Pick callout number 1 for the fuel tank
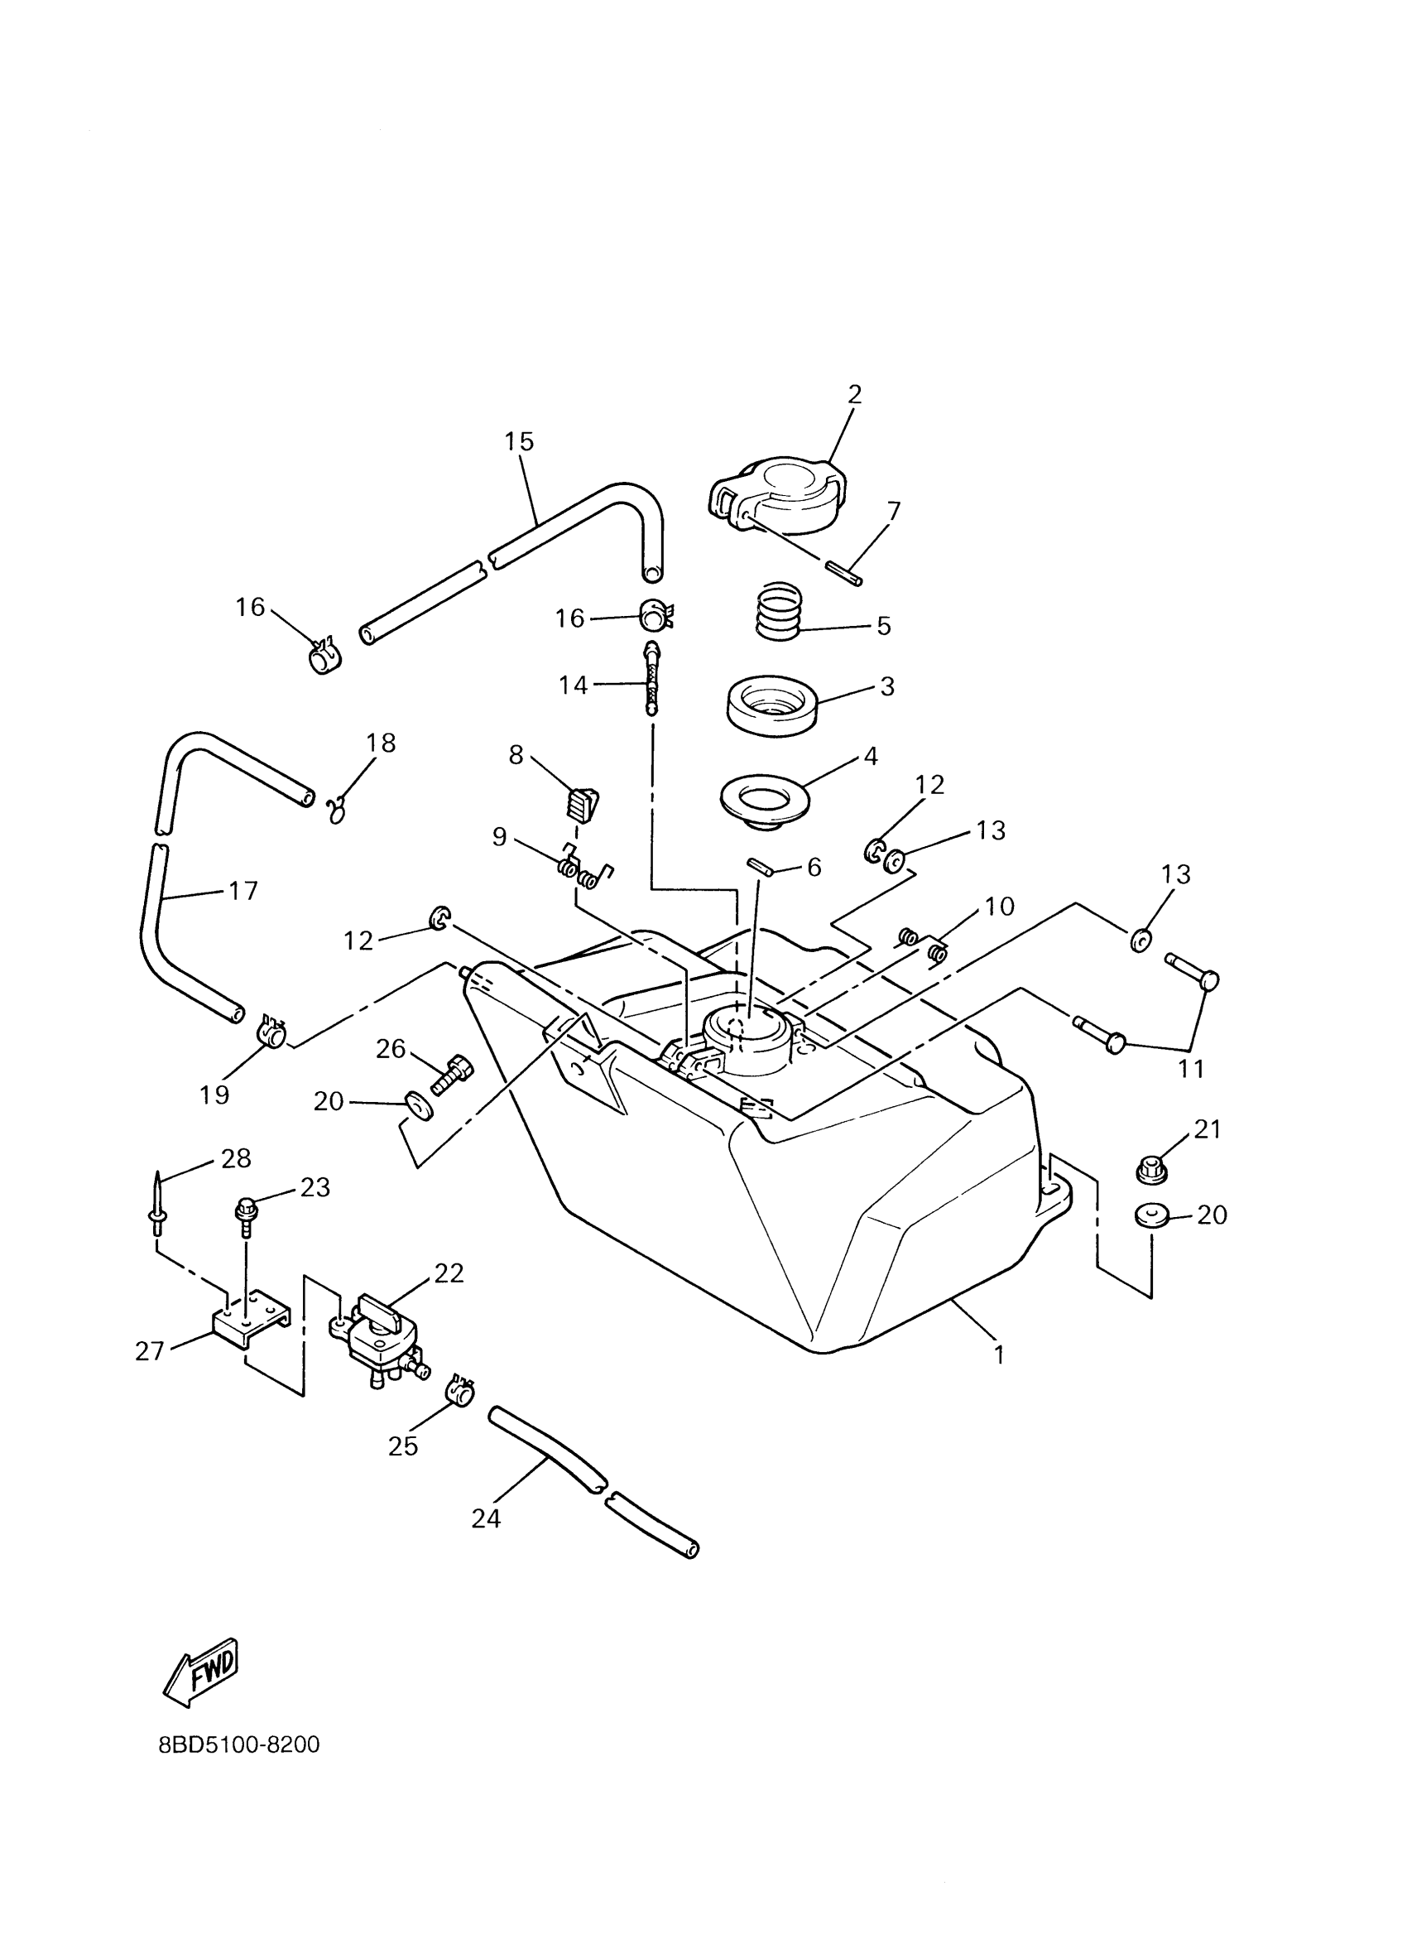click(x=998, y=1355)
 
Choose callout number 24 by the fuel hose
click(x=486, y=1518)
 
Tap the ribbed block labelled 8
click(x=582, y=804)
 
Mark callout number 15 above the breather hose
click(x=519, y=442)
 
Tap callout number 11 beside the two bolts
click(x=1191, y=1068)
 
